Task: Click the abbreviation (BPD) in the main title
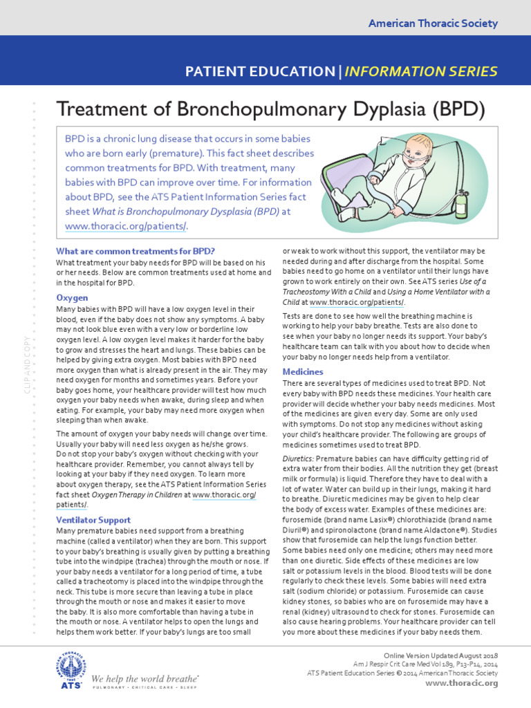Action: point(457,109)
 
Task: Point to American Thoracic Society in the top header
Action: point(433,24)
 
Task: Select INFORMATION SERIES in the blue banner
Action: point(420,71)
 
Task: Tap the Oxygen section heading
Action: point(72,297)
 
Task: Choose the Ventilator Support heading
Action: point(93,519)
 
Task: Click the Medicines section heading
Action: point(303,371)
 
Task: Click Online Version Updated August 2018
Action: point(440,655)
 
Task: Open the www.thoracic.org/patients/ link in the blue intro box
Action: point(126,226)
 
